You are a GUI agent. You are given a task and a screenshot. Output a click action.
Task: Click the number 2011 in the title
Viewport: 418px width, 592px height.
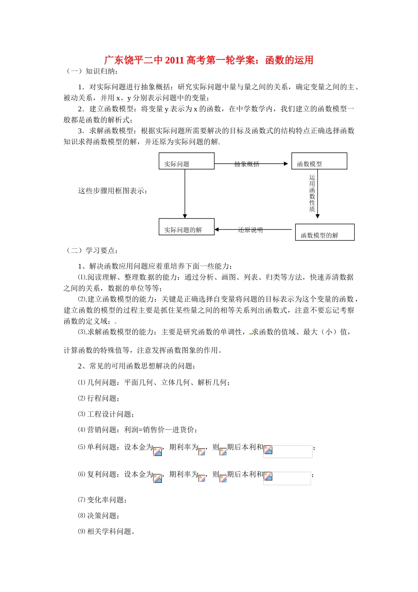pyautogui.click(x=174, y=60)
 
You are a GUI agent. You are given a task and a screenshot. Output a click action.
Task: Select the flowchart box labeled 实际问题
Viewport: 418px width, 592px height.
pyautogui.click(x=187, y=161)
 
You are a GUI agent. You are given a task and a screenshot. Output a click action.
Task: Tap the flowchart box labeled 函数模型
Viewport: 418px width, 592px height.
pyautogui.click(x=319, y=161)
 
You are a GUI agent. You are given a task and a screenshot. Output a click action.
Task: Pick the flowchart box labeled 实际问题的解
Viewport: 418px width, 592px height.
pyautogui.click(x=187, y=227)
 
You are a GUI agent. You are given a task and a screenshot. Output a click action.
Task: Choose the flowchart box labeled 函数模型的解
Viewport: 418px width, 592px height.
pyautogui.click(x=324, y=233)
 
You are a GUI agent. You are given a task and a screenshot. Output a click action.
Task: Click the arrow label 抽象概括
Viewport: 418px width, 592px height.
pyautogui.click(x=247, y=164)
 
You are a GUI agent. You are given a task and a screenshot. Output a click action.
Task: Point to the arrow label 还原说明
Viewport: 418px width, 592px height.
pyautogui.click(x=250, y=230)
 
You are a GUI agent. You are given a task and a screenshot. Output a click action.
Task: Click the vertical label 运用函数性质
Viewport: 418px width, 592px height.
pyautogui.click(x=312, y=193)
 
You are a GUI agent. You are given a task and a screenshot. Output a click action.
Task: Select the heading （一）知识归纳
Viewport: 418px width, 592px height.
pyautogui.click(x=91, y=71)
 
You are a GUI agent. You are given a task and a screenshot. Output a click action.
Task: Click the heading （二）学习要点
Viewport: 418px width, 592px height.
pyautogui.click(x=91, y=251)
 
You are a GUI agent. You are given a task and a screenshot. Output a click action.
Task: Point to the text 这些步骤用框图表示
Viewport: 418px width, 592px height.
pyautogui.click(x=113, y=191)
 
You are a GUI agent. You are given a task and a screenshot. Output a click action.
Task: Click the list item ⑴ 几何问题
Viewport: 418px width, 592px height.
pyautogui.click(x=154, y=382)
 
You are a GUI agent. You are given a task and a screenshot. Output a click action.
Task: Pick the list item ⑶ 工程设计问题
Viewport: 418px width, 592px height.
pyautogui.click(x=106, y=414)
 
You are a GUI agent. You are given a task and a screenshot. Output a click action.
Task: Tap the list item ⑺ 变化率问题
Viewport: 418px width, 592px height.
pyautogui.click(x=103, y=500)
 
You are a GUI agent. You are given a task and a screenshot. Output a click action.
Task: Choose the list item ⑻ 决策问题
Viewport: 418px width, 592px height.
pyautogui.click(x=99, y=516)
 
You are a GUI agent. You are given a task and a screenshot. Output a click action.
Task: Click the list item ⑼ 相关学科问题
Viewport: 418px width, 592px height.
pyautogui.click(x=106, y=532)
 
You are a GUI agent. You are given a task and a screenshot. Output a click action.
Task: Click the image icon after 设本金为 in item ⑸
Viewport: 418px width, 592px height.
pyautogui.click(x=158, y=451)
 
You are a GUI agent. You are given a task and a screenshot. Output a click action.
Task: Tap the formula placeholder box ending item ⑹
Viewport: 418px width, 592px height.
pyautogui.click(x=287, y=478)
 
